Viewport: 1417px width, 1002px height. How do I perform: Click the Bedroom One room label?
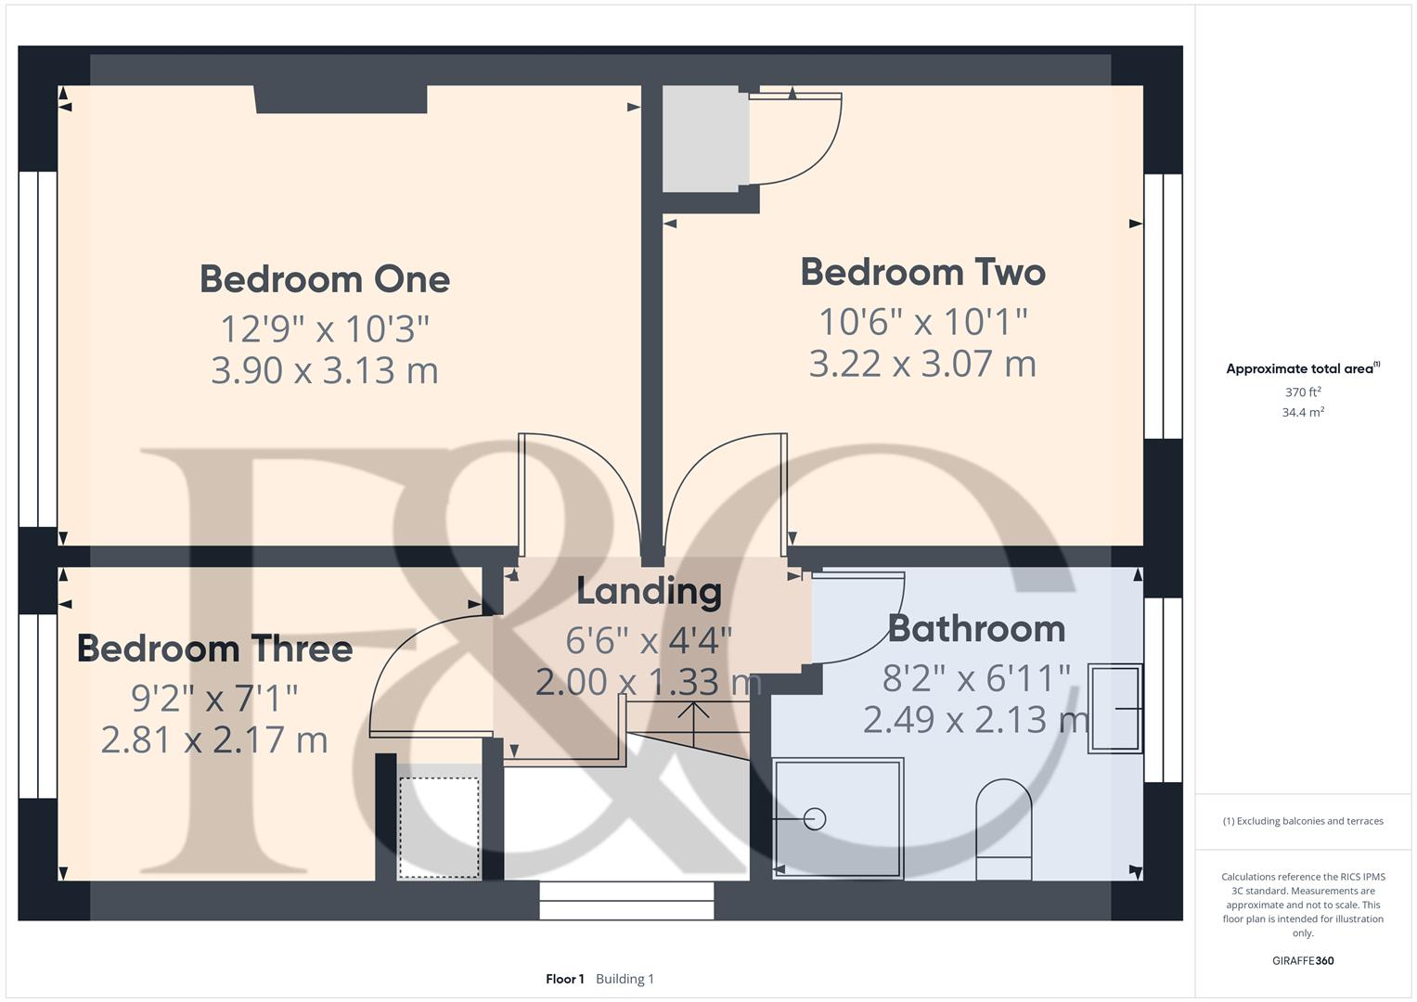click(325, 279)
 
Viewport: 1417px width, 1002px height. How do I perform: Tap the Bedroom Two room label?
click(922, 273)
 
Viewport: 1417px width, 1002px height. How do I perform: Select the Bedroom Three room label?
click(214, 649)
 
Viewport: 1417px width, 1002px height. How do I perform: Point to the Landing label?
click(649, 591)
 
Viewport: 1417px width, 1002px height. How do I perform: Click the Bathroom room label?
click(976, 629)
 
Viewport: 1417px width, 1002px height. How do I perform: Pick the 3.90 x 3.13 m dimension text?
click(325, 370)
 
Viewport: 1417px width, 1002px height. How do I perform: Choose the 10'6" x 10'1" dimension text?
click(922, 322)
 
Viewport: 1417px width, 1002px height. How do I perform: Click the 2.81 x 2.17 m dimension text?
click(214, 740)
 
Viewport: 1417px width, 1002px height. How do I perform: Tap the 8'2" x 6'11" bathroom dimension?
click(976, 678)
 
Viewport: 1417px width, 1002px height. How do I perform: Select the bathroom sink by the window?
click(1114, 707)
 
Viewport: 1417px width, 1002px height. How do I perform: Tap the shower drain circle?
click(815, 819)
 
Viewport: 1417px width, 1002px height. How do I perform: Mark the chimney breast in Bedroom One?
click(341, 99)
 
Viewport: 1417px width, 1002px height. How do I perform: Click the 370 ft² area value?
click(1303, 392)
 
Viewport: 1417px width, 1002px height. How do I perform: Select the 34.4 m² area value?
click(1303, 413)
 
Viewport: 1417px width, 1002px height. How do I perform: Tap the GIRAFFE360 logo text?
click(1303, 960)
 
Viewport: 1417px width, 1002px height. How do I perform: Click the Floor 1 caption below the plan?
click(564, 979)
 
